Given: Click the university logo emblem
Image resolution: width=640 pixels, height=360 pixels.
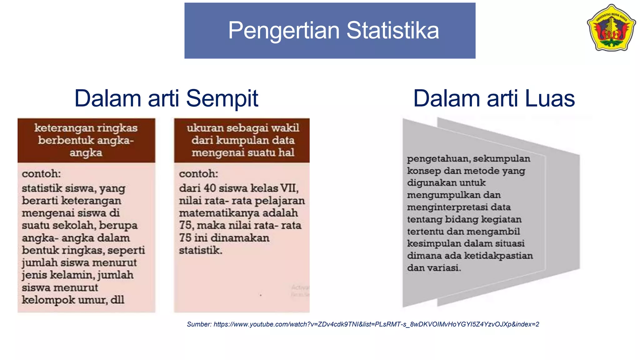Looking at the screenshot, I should [x=611, y=28].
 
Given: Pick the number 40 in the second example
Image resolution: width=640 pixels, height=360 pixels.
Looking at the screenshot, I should [x=210, y=188].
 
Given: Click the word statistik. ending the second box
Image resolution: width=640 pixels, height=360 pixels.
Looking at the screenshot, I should [x=200, y=250].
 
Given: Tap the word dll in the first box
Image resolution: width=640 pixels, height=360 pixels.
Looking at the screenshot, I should [x=117, y=300].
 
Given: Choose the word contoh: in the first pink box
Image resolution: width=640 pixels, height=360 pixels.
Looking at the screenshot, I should [x=41, y=174].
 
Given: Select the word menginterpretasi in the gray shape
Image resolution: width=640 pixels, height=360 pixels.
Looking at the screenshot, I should [x=447, y=207].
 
